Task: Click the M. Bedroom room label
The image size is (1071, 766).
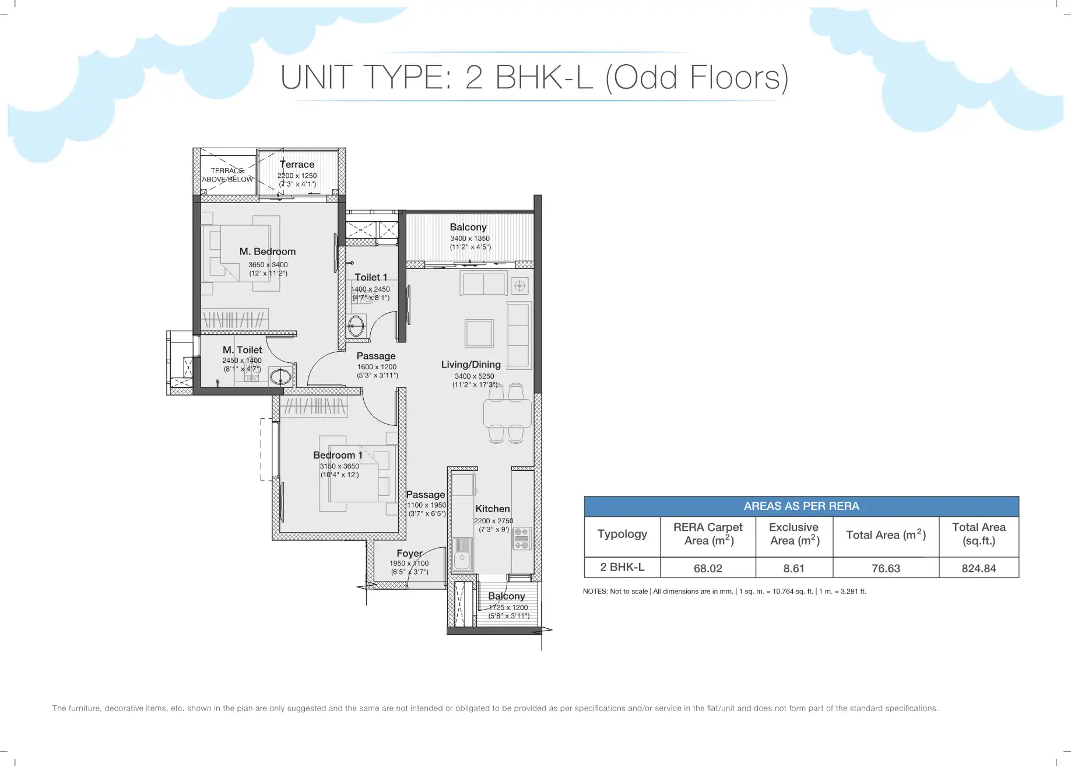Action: (x=268, y=251)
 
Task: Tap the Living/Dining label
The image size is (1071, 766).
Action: (x=471, y=365)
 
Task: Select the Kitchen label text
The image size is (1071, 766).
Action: (x=493, y=509)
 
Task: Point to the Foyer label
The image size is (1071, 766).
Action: (x=409, y=553)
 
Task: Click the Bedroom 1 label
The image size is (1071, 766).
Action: (x=338, y=455)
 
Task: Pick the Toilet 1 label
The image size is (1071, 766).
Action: (x=371, y=277)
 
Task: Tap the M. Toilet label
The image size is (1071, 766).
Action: (x=242, y=349)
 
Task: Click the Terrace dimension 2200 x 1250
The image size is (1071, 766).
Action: (x=297, y=176)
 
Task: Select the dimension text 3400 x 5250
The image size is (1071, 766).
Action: (x=474, y=376)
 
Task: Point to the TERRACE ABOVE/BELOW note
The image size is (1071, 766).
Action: (x=227, y=175)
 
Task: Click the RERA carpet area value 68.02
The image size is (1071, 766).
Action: (x=708, y=568)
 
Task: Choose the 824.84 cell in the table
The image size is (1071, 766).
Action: (x=979, y=568)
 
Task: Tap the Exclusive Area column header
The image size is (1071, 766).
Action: (x=794, y=534)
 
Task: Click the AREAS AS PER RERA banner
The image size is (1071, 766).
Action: (x=802, y=506)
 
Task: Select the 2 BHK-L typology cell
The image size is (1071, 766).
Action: (x=622, y=567)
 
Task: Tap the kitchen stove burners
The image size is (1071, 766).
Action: (x=522, y=538)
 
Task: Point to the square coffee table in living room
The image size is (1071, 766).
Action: (x=479, y=333)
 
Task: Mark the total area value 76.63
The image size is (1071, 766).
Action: (x=886, y=568)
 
